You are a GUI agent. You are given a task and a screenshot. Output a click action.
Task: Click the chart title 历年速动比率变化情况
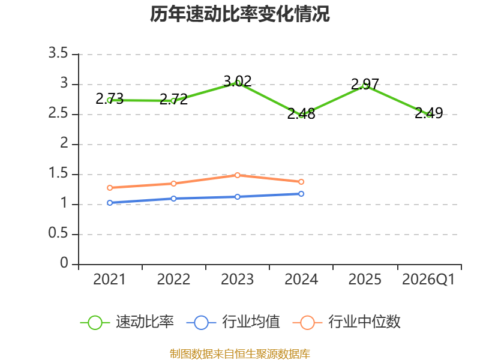239,14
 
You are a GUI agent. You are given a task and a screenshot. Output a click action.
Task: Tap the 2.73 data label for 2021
110,98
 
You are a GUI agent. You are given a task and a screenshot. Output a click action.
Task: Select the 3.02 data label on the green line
238,82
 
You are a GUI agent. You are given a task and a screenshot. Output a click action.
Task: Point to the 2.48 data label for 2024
301,113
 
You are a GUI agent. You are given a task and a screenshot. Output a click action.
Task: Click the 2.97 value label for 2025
365,84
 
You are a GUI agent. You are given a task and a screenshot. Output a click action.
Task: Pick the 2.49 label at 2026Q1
429,113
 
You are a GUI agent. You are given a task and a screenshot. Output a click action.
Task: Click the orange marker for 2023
237,175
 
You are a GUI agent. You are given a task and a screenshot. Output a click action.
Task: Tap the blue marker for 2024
301,194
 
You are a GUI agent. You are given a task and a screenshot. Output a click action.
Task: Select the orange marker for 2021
110,188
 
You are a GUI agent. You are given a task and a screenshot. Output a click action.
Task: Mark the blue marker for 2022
173,199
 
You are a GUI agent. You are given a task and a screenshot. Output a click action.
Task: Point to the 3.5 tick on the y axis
58,53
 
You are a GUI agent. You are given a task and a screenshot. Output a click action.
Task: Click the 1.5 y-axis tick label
58,173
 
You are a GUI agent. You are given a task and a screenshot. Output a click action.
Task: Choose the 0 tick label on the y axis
64,263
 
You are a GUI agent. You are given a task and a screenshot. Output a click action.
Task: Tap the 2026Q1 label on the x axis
428,280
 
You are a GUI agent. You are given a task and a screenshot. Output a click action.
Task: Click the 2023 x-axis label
237,280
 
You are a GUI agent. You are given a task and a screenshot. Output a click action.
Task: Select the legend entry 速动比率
127,322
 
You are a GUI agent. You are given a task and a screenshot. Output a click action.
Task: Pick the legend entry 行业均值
233,322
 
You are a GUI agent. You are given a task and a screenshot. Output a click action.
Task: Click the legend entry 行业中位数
347,322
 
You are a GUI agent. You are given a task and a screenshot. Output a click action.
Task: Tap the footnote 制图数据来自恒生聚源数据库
240,354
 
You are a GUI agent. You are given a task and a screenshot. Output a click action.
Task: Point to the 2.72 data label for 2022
173,99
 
